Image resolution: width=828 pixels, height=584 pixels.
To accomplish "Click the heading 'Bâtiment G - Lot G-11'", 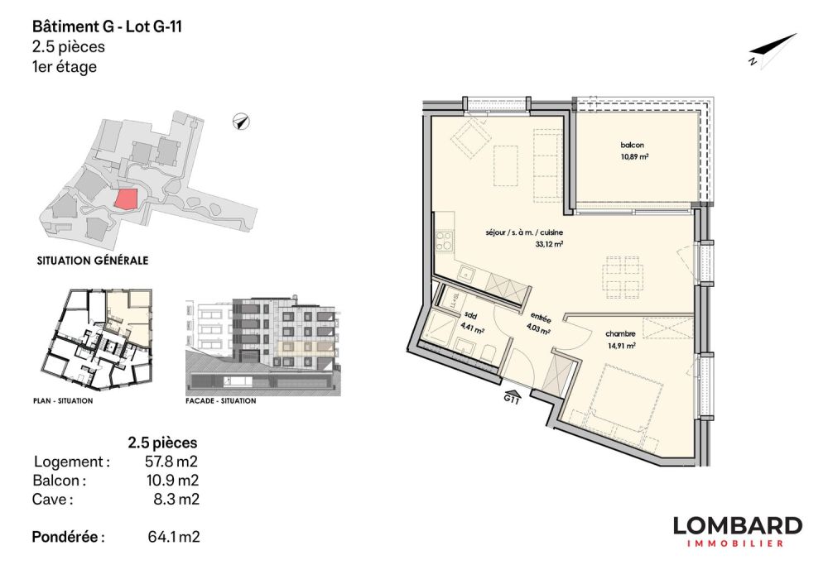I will click(x=106, y=27).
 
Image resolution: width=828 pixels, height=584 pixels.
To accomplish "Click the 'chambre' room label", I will click(x=620, y=334).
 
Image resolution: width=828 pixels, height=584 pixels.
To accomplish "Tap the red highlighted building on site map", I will click(x=125, y=199).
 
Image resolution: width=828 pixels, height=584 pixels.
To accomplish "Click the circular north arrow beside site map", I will click(x=240, y=122).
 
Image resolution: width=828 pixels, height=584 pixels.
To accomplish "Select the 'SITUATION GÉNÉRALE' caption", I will click(x=93, y=260).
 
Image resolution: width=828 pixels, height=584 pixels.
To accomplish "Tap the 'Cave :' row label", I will click(x=51, y=499).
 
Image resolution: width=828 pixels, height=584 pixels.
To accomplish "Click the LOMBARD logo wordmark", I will click(x=736, y=525).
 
